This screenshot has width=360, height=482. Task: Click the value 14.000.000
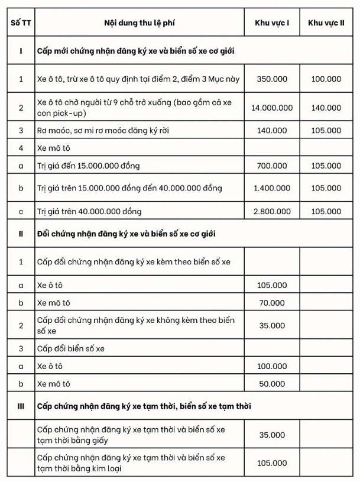pyautogui.click(x=272, y=108)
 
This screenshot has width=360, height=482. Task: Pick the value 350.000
pyautogui.click(x=272, y=79)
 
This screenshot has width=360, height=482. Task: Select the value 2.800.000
pyautogui.click(x=272, y=211)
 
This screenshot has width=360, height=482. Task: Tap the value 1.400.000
pyautogui.click(x=272, y=188)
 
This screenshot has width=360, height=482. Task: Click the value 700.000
pyautogui.click(x=272, y=166)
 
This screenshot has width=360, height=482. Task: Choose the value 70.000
pyautogui.click(x=272, y=303)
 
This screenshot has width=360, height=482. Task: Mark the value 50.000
pyautogui.click(x=272, y=384)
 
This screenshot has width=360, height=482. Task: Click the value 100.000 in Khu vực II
pyautogui.click(x=326, y=79)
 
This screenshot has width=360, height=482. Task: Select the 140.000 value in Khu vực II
pyautogui.click(x=326, y=108)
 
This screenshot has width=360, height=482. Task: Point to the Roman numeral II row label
pyautogui.click(x=21, y=234)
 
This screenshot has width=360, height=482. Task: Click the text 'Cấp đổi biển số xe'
pyautogui.click(x=70, y=348)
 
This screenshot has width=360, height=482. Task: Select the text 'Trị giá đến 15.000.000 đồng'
pyautogui.click(x=88, y=166)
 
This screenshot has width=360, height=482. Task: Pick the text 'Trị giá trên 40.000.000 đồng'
pyautogui.click(x=89, y=211)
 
